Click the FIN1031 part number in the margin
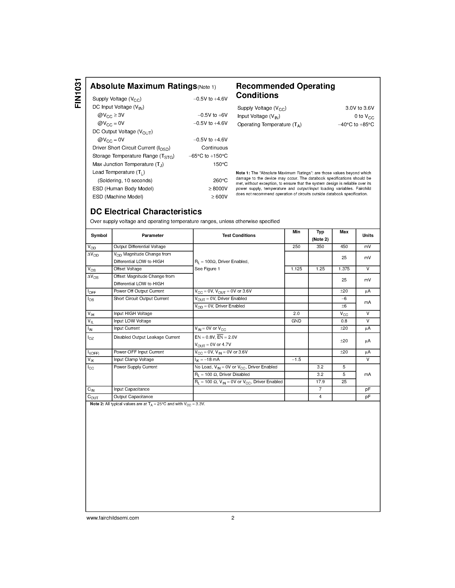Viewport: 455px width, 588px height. (x=78, y=93)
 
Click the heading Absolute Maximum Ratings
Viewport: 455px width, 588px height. (x=143, y=86)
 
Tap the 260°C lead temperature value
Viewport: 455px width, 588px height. (x=220, y=181)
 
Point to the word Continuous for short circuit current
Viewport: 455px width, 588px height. (x=214, y=148)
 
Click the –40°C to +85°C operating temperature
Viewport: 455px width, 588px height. (x=356, y=125)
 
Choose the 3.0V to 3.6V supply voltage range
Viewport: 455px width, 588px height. (x=360, y=108)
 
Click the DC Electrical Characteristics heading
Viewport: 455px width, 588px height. (x=146, y=212)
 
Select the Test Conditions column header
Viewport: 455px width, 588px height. (x=239, y=236)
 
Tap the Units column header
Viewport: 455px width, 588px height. (x=368, y=236)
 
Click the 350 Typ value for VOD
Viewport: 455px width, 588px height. (x=320, y=247)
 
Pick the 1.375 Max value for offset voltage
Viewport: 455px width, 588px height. (x=344, y=269)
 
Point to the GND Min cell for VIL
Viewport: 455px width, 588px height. (x=296, y=321)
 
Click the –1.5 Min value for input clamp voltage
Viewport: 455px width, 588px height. (x=296, y=360)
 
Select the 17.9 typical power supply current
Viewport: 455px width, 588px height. (x=320, y=382)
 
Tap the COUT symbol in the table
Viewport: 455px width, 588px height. (x=93, y=397)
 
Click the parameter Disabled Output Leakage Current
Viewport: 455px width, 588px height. (x=147, y=337)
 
